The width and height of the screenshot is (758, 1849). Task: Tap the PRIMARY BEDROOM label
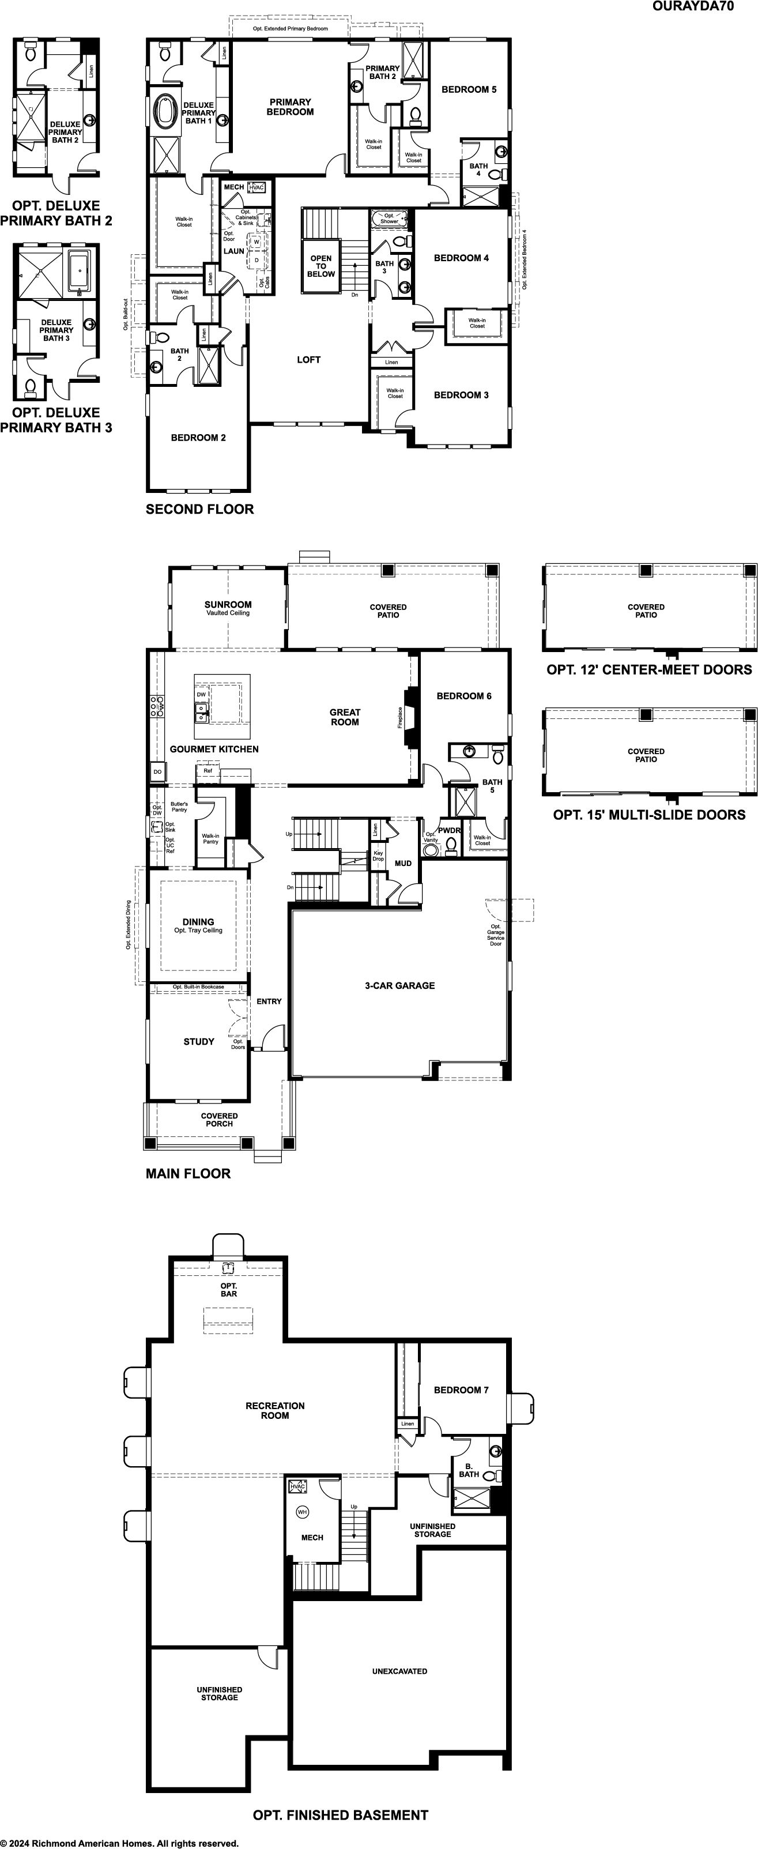(290, 107)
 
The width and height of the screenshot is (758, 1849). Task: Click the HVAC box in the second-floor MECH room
(257, 187)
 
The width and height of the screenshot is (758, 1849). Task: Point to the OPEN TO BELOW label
(321, 266)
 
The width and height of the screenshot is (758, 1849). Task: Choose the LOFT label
(308, 360)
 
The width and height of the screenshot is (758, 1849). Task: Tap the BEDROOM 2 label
(198, 438)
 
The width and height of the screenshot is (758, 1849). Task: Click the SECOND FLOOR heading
(199, 510)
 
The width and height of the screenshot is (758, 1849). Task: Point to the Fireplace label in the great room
(401, 718)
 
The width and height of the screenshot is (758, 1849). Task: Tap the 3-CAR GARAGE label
(400, 985)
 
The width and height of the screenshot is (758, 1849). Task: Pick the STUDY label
(199, 1041)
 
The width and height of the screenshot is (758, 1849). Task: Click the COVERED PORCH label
(219, 1120)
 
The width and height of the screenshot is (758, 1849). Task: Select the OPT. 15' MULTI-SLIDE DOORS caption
(649, 815)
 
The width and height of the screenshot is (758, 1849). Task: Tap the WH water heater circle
(302, 1512)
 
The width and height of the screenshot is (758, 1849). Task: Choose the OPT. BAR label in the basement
(228, 1290)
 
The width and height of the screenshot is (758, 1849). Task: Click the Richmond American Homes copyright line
(119, 1843)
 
